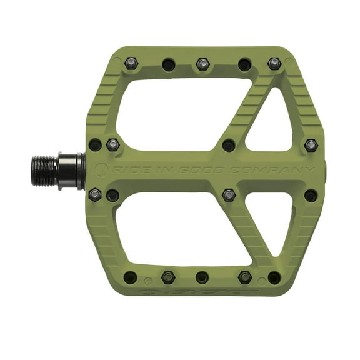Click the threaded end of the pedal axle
coord(44,170)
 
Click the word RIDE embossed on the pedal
coord(124,170)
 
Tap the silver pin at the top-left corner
coord(131,62)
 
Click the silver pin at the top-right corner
coord(274,62)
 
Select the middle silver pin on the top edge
coord(202,64)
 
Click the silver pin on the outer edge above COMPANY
coord(311,145)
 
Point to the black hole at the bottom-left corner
coord(131,277)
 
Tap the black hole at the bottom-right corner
coord(274,277)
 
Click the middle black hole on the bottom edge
coord(202,277)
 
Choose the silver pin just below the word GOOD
coord(229,195)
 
